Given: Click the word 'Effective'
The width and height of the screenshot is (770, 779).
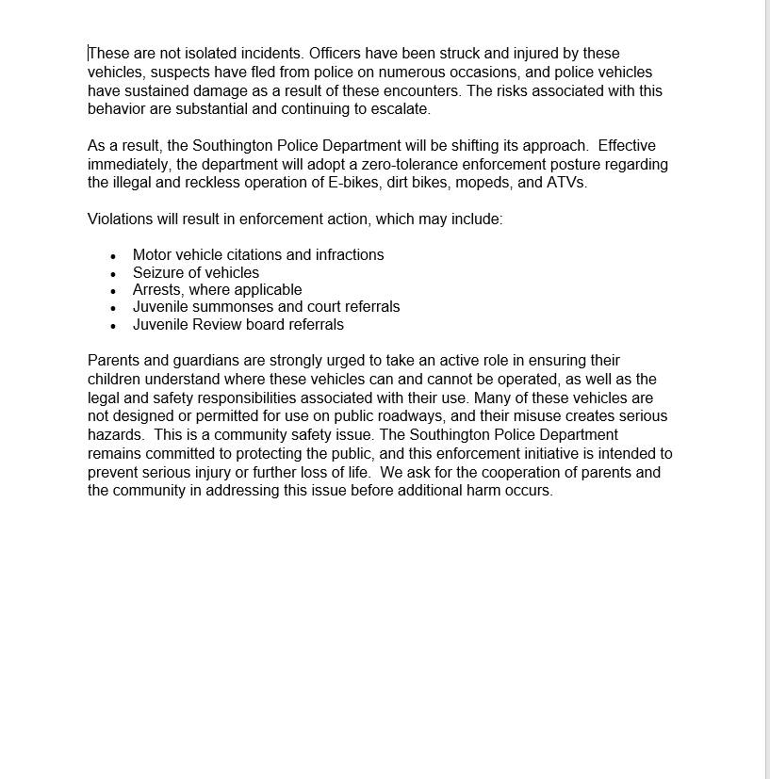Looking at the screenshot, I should coord(627,146).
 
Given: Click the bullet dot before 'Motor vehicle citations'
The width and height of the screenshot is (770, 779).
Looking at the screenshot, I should coord(113,256).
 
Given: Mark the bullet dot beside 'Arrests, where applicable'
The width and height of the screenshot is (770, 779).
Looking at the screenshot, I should coord(113,291).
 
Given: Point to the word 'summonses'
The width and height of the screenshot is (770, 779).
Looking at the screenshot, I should coord(226,307).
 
